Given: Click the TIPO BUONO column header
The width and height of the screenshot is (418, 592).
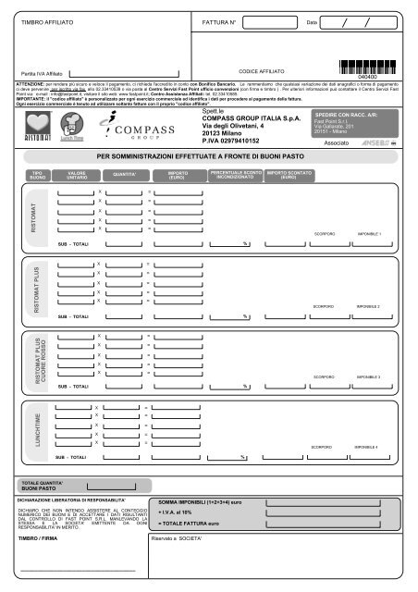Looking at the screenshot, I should (x=37, y=175).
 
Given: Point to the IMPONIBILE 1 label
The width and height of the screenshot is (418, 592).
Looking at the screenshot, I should (x=368, y=234).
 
